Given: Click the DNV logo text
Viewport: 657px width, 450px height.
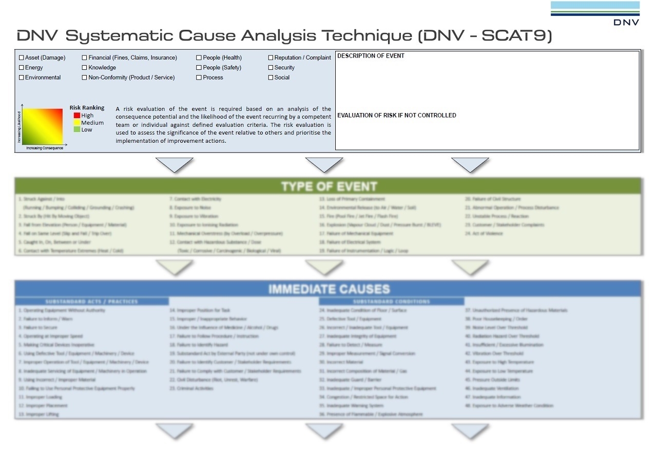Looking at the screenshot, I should click(x=626, y=22).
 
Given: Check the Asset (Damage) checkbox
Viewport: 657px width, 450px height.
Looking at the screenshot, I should click(x=22, y=58).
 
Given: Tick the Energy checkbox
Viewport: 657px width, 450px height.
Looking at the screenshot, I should click(x=22, y=68).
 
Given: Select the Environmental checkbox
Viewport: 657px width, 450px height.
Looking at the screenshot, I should click(x=22, y=78).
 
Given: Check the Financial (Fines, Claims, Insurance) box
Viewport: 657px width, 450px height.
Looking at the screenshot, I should click(x=85, y=58).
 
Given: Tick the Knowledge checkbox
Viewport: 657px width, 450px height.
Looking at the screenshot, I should click(x=85, y=68).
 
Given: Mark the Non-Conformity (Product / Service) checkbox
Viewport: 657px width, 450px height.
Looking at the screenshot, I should click(x=85, y=78).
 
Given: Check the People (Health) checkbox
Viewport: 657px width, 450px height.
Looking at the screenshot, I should click(x=199, y=58).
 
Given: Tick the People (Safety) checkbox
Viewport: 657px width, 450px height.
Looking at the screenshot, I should click(x=199, y=68).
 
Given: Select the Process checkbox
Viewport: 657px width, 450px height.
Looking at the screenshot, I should click(x=199, y=78).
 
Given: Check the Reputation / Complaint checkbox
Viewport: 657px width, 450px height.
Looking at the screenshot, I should click(x=270, y=58).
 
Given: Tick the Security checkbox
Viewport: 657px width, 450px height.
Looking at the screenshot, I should click(x=270, y=68).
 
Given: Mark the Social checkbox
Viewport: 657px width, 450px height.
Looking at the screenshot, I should click(x=270, y=78).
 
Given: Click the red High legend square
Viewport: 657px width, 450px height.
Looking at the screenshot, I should click(x=77, y=116).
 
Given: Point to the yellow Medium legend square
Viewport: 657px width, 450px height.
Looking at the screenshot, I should click(x=77, y=123).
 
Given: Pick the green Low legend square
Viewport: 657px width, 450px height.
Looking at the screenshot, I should click(x=77, y=129).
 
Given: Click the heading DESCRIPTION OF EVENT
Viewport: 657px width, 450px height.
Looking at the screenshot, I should click(x=371, y=56).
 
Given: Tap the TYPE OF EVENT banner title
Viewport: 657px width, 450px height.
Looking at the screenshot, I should click(x=328, y=186).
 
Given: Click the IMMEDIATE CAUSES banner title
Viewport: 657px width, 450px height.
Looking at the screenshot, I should click(x=328, y=289).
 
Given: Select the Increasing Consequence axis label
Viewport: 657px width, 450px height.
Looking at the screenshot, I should click(x=45, y=148).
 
